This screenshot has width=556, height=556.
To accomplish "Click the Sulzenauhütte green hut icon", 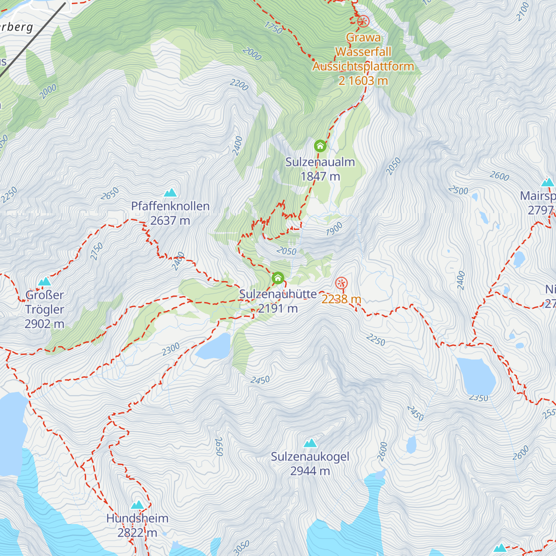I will (x=278, y=278).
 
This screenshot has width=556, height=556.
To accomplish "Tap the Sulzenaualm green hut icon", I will (x=320, y=146).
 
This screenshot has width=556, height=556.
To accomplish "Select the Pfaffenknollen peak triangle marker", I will (x=171, y=192).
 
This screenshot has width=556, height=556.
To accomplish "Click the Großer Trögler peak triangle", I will (x=44, y=281).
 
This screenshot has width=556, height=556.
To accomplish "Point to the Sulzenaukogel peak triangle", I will (x=310, y=443).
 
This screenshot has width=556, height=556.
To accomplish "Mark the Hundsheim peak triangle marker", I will (x=137, y=505).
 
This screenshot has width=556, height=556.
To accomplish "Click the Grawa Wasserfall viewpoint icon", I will (x=363, y=21).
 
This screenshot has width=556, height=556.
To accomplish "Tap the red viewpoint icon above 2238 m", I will (x=341, y=283).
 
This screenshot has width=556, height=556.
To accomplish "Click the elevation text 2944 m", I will (x=310, y=471).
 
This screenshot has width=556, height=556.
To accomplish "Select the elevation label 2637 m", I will (x=170, y=221).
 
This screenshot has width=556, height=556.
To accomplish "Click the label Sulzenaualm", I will (x=320, y=162).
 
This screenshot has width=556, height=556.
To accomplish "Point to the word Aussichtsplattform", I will (x=363, y=66).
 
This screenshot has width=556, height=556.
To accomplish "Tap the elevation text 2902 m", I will (x=44, y=324).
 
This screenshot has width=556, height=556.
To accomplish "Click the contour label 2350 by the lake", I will (x=478, y=398).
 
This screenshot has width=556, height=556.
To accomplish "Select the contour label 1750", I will (x=273, y=28).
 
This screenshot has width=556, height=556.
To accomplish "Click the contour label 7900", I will (x=334, y=229).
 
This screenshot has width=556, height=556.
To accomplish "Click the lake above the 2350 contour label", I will (x=476, y=375).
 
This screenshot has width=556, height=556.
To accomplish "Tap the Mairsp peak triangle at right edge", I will (x=548, y=182).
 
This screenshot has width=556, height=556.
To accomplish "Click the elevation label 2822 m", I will (x=137, y=533).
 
